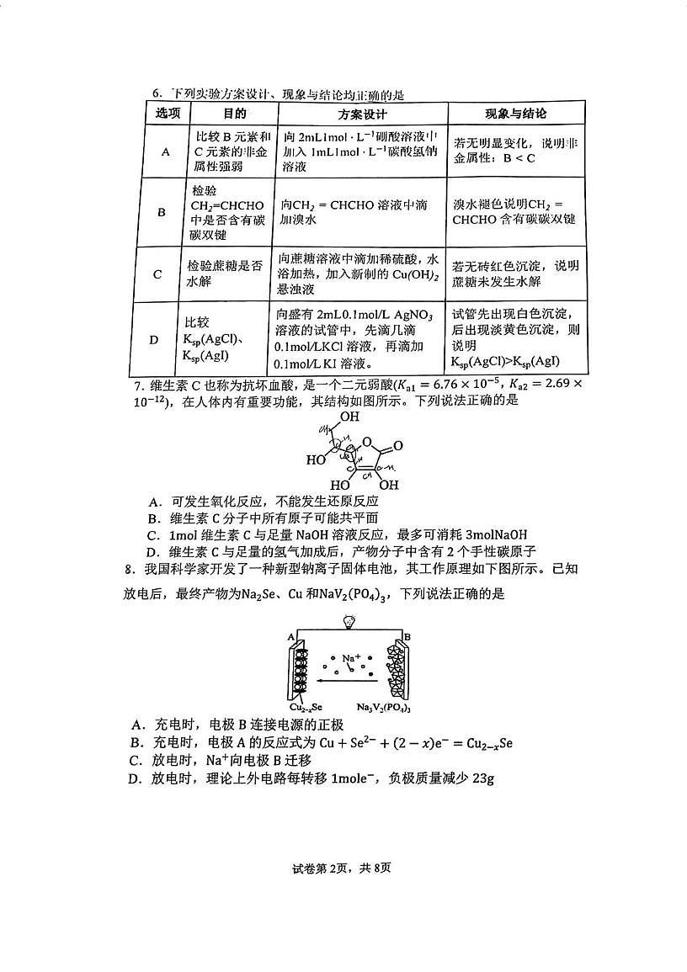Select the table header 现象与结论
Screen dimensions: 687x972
516,114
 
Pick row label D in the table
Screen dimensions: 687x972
154,339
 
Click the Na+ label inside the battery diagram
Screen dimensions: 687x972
351,656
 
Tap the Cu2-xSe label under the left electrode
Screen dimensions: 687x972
306,707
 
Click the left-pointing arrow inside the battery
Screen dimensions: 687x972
348,681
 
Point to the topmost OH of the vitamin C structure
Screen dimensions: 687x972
349,417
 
